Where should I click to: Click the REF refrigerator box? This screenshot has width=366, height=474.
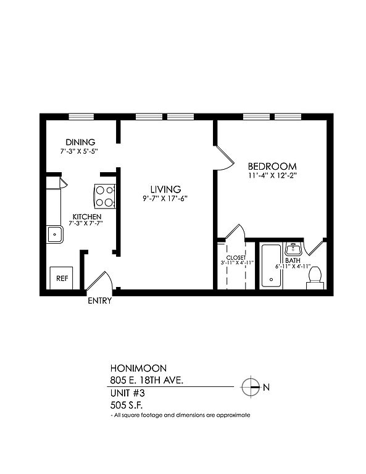(61, 278)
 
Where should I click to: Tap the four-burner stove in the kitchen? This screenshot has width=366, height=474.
(105, 196)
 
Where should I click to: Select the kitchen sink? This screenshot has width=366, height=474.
(55, 235)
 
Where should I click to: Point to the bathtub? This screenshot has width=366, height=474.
(271, 266)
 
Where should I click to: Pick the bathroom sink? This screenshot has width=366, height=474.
(293, 249)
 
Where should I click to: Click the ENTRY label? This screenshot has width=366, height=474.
(100, 301)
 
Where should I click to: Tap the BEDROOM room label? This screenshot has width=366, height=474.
(272, 166)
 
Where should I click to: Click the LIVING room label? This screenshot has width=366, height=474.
(165, 189)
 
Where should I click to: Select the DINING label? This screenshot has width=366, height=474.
(80, 142)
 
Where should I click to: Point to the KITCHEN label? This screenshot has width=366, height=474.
(87, 217)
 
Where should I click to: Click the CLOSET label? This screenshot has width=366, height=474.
(236, 257)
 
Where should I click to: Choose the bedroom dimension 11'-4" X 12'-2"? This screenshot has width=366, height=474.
(272, 176)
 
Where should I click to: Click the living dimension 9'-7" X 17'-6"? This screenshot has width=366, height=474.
(165, 199)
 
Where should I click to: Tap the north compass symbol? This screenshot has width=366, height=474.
(251, 386)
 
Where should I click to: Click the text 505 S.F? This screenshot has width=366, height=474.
(127, 405)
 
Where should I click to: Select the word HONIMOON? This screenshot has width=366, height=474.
(138, 368)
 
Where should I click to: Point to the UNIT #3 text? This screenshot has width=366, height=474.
(128, 393)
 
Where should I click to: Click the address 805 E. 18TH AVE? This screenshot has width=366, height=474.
(147, 380)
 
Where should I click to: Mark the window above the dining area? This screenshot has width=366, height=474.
(81, 117)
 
